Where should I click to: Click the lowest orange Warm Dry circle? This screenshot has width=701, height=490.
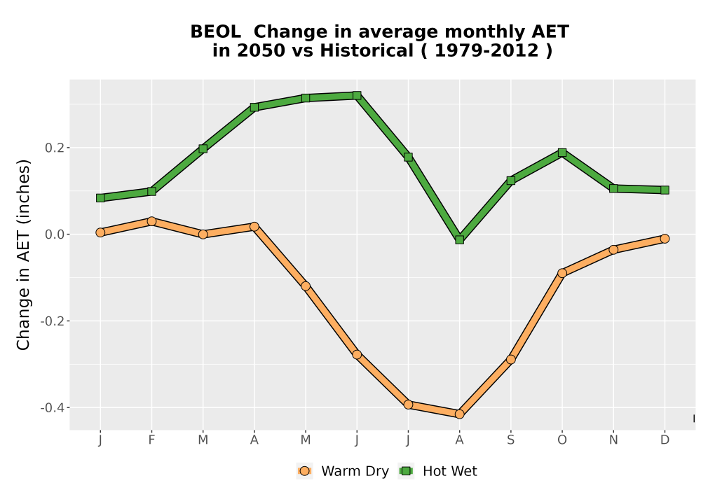click(x=459, y=414)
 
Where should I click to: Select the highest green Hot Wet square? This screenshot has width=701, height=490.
click(x=357, y=95)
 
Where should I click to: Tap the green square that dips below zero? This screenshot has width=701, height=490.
click(x=459, y=239)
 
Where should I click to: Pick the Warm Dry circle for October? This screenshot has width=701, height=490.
click(x=562, y=273)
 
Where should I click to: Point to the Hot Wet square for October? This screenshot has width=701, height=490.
click(x=562, y=153)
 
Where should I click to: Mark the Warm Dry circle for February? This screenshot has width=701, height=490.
click(x=151, y=221)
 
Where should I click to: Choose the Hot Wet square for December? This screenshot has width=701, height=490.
click(x=665, y=190)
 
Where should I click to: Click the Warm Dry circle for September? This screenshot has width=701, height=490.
click(x=510, y=359)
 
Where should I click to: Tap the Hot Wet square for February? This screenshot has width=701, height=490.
click(x=151, y=191)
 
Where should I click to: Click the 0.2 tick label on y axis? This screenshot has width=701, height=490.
click(x=54, y=148)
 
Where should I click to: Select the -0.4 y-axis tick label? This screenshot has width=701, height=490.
click(x=52, y=408)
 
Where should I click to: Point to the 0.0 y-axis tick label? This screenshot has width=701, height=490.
click(x=54, y=234)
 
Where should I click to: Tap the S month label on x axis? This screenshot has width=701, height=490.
click(x=510, y=440)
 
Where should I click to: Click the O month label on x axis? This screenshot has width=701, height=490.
click(x=562, y=440)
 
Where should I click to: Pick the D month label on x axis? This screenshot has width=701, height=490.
click(x=665, y=440)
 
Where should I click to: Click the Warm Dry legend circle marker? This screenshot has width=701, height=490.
click(x=304, y=471)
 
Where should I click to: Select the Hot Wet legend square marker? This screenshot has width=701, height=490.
click(x=407, y=471)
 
